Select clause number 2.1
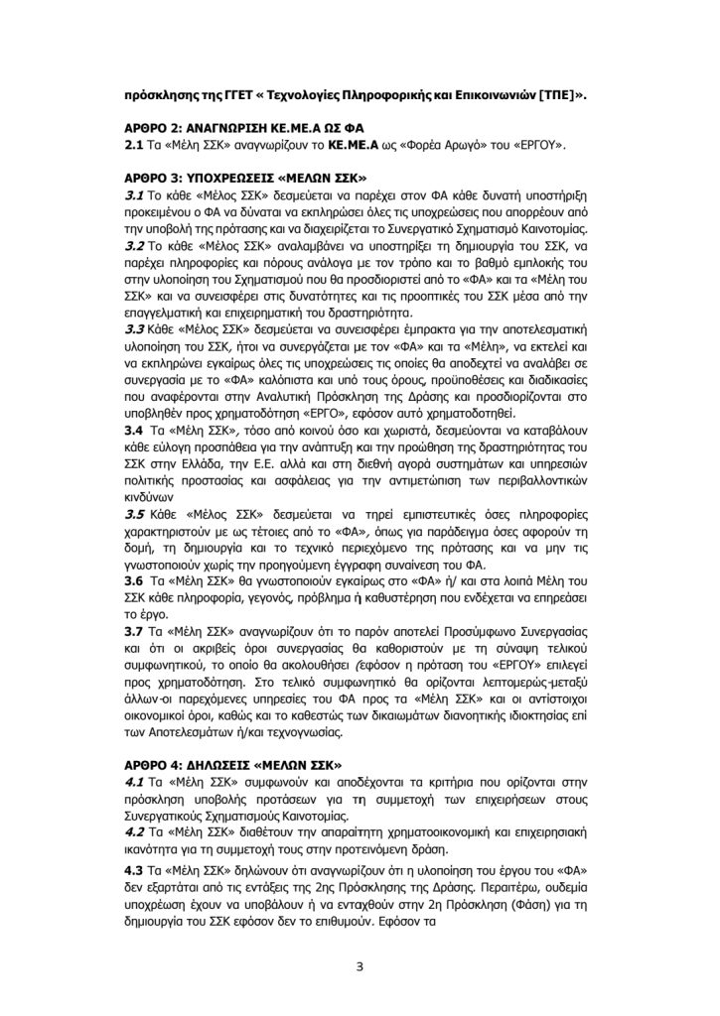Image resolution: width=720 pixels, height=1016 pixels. point(129,147)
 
